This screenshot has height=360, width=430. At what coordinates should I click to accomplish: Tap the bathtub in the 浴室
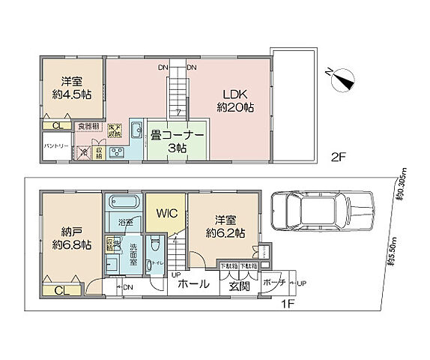click(x=122, y=202)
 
